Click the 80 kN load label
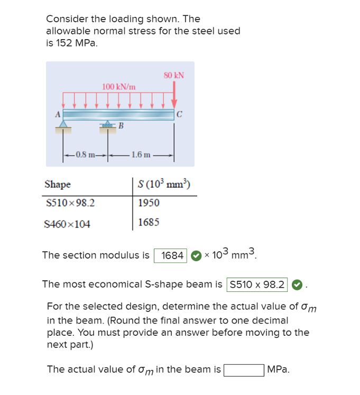point(174,75)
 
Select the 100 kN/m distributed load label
point(119,86)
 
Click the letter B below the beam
point(121,125)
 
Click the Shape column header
point(58,185)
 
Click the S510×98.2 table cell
point(70,203)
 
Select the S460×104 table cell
point(67,223)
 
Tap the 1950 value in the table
point(149,203)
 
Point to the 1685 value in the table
point(149,223)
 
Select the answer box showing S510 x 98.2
point(257,284)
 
